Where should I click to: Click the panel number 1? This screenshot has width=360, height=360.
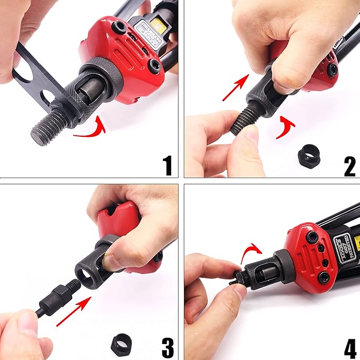(168, 164)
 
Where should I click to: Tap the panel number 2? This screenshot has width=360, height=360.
(349, 164)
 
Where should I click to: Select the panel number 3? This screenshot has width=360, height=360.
(167, 347)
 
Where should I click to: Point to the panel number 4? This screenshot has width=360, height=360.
(349, 347)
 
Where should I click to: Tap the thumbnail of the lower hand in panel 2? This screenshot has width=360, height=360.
(251, 136)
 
